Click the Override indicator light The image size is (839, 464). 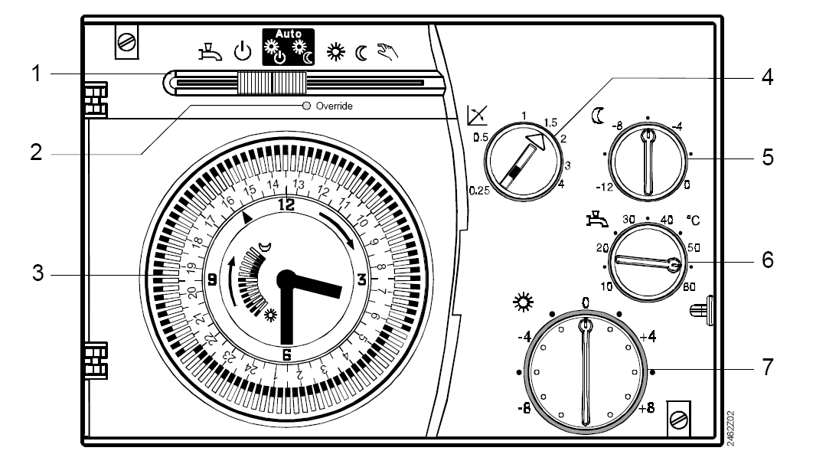pos(306,106)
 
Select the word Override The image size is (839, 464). pos(334,106)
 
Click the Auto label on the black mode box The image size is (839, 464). pos(289,34)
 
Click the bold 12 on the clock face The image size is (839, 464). pos(286,204)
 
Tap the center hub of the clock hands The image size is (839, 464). pos(286,279)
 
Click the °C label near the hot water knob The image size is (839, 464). pos(694,221)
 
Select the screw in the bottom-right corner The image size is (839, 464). pos(678,417)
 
